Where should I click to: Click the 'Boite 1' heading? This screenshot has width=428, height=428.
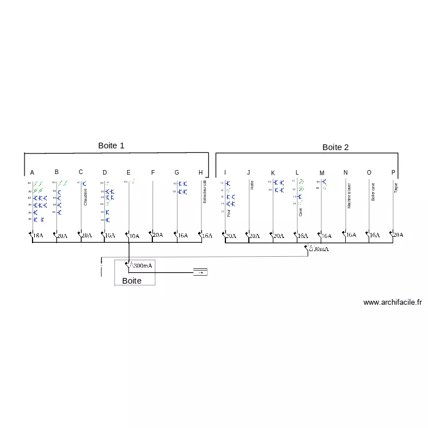[111, 146]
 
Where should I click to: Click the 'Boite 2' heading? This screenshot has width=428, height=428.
[336, 147]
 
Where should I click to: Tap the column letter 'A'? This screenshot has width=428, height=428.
[32, 173]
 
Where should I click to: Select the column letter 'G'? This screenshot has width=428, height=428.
[177, 172]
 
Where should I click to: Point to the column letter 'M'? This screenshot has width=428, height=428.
[322, 173]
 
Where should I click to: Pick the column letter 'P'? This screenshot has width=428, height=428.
[393, 172]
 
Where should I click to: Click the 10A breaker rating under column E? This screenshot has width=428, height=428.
[134, 236]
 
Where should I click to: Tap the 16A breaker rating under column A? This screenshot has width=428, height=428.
[38, 235]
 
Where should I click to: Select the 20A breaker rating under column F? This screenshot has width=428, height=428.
[158, 235]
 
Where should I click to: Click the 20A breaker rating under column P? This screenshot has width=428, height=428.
[398, 235]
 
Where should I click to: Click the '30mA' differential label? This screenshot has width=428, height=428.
[319, 249]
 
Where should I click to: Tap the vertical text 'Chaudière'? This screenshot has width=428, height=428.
[86, 197]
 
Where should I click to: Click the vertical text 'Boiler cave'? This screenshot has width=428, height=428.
[373, 192]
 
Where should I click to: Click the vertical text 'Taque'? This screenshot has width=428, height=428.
[397, 188]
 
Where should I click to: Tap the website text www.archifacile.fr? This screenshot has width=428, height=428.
[392, 303]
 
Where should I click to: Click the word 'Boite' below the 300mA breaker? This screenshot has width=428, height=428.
[131, 281]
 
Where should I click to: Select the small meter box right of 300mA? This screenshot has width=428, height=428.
[200, 272]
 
